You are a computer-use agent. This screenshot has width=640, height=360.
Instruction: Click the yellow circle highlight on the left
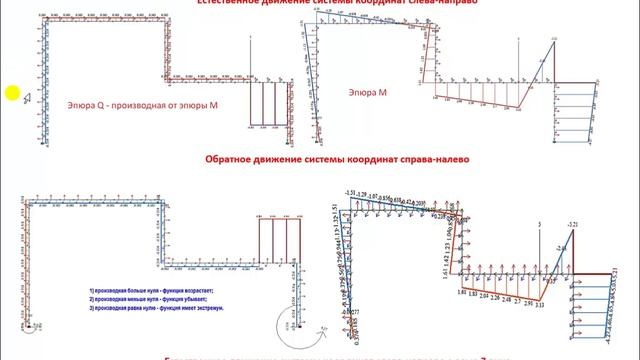point(11,94)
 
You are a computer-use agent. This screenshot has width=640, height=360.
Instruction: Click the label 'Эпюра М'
point(368,92)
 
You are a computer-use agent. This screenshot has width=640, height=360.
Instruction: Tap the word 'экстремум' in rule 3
point(208,308)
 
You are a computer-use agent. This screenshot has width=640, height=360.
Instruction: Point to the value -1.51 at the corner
point(350,191)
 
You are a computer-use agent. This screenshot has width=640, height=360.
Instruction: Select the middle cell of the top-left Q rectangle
point(270,105)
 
